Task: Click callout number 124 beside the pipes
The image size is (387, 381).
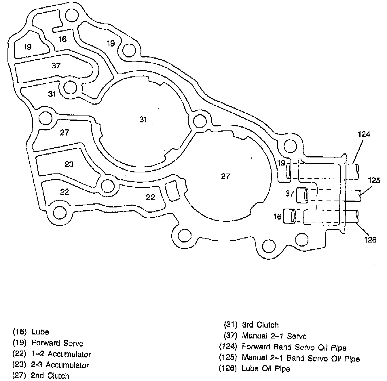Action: click(x=364, y=134)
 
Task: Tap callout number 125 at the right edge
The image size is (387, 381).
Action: click(x=374, y=180)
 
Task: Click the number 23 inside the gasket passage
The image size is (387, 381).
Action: click(x=69, y=164)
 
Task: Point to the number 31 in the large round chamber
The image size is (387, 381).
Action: click(x=143, y=120)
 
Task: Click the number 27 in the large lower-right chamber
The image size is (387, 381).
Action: click(x=225, y=176)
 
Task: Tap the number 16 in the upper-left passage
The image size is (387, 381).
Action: click(x=62, y=39)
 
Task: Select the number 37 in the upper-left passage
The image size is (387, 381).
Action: click(x=56, y=66)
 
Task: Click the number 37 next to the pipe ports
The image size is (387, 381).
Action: click(x=289, y=193)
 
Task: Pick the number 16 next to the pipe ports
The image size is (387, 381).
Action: click(x=277, y=216)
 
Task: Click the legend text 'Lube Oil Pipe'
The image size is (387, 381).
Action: click(x=265, y=368)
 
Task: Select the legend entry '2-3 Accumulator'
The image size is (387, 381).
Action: click(x=60, y=365)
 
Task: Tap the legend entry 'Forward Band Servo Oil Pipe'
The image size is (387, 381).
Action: click(x=294, y=347)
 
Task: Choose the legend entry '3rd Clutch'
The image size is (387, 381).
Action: click(x=260, y=325)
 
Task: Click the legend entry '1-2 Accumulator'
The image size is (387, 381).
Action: click(x=61, y=354)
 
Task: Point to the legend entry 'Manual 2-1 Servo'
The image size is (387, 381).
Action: click(x=274, y=336)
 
